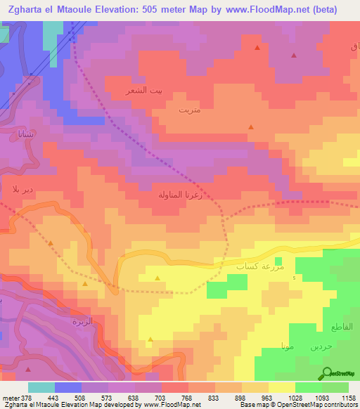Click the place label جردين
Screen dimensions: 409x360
320,346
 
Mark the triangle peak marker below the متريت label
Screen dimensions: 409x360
251,127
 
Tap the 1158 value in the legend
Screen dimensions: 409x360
347,396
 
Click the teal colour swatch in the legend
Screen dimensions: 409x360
41,387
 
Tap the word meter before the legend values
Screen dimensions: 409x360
11,396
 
